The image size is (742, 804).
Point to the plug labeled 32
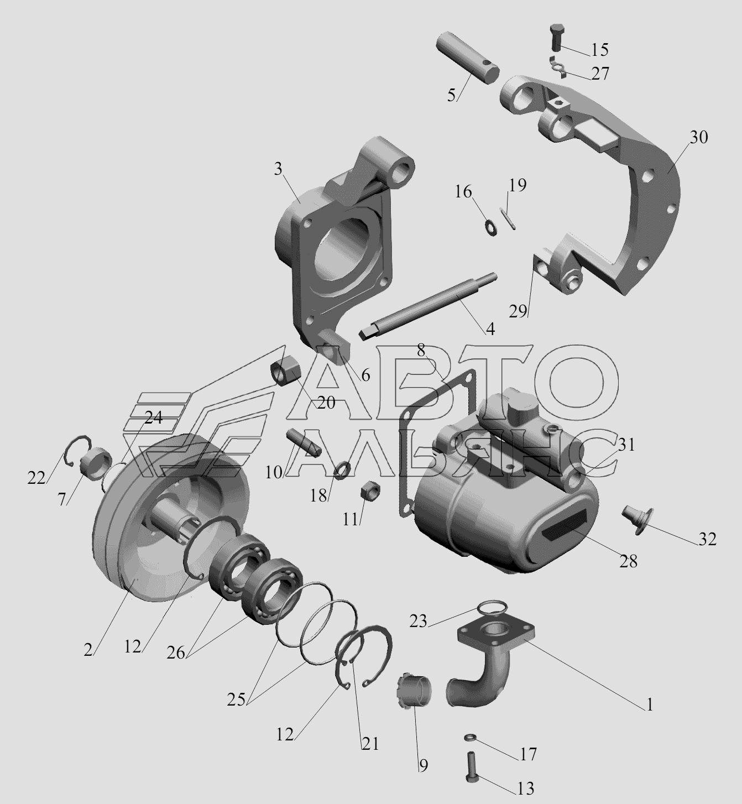pyautogui.click(x=637, y=519)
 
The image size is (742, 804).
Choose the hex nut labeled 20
pyautogui.click(x=285, y=372)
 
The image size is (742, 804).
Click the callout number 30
pyautogui.click(x=699, y=138)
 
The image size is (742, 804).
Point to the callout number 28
pyautogui.click(x=629, y=561)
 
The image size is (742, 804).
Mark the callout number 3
pyautogui.click(x=278, y=169)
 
